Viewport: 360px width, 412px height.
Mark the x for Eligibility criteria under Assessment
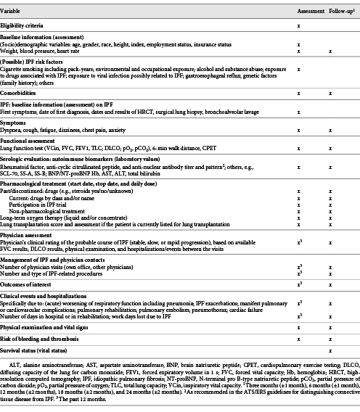[x=299, y=25]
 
